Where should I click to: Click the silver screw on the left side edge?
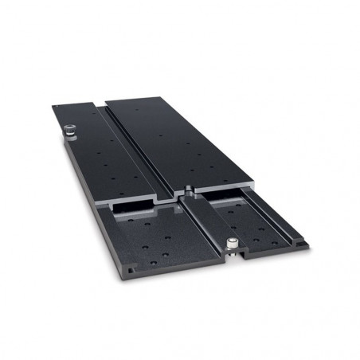coord(68,129)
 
